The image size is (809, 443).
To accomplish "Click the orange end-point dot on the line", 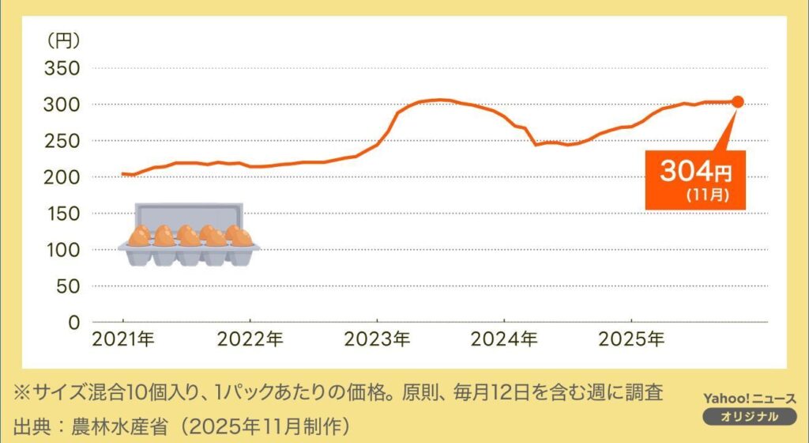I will (737, 101).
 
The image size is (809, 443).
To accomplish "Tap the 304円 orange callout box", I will (695, 180).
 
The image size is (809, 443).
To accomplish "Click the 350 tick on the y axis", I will (62, 68).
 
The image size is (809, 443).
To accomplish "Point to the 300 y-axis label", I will (62, 104).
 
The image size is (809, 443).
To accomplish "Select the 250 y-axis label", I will (62, 141).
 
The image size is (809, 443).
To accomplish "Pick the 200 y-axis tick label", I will (62, 177).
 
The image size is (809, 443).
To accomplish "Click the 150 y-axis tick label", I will (62, 214).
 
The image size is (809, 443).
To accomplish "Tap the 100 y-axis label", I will (62, 250).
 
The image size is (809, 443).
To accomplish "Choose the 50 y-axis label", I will (68, 286).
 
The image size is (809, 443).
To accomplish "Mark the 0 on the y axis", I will (74, 323).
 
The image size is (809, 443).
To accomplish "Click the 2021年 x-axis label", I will (123, 341).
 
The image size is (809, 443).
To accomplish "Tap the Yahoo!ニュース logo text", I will (749, 399).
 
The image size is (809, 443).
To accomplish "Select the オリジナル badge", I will (749, 417).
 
